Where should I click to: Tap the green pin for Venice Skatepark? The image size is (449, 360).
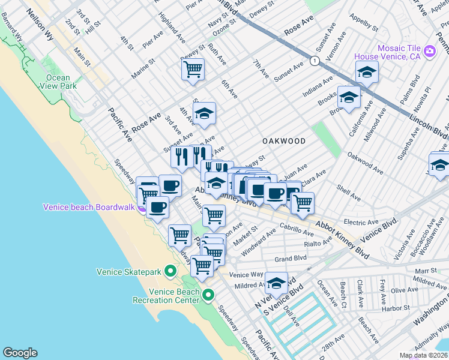tap(170, 272)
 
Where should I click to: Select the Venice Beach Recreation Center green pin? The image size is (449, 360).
tap(208, 295)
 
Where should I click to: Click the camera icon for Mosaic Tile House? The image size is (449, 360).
tap(429, 52)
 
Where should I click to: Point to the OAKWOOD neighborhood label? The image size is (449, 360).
tap(284, 141)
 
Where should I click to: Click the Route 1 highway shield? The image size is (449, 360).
tap(314, 60)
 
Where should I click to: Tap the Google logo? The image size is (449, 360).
tap(20, 352)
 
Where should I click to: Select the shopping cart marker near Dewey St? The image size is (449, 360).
tap(193, 69)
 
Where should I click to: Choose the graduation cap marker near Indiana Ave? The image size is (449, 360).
tap(366, 72)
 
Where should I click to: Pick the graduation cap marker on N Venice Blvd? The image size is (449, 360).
tap(277, 283)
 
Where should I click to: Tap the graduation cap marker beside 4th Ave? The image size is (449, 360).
tap(204, 112)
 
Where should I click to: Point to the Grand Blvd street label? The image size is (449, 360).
tap(291, 259)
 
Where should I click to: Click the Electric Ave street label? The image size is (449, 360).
tap(361, 222)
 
